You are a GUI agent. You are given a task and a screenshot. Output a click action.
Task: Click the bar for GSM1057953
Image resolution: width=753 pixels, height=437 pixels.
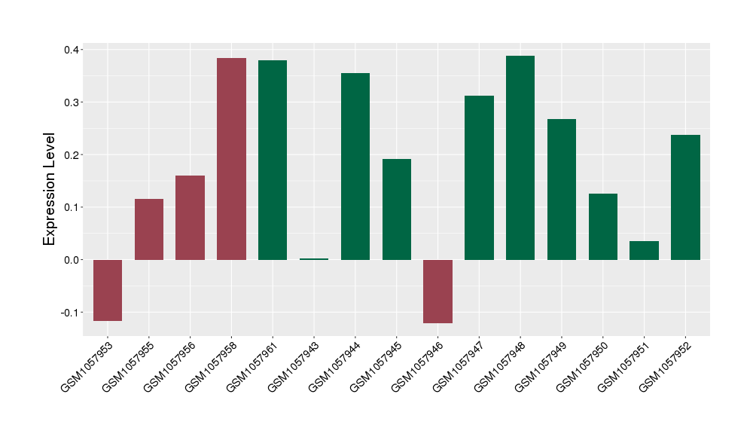point(108,290)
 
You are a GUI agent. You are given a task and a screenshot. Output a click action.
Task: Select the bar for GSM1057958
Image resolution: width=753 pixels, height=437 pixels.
point(231,159)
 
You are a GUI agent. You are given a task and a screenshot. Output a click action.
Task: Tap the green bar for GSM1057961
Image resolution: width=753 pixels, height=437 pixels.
point(273,160)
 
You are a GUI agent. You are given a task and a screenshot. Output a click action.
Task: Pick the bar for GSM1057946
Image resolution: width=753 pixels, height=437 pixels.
point(437,291)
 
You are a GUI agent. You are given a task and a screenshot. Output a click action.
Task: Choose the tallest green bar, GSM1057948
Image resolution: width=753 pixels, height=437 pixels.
point(520,157)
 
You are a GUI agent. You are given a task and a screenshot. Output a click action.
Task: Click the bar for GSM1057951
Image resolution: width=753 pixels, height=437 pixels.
point(644,250)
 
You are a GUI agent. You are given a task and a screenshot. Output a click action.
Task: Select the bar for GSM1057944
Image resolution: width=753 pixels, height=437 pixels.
point(355,167)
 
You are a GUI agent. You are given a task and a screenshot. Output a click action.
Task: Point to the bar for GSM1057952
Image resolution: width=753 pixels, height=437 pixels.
point(685,197)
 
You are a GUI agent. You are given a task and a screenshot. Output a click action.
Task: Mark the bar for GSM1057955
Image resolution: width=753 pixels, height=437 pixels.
point(149,229)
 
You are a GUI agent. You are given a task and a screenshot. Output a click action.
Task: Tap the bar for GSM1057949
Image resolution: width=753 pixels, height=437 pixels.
point(562,189)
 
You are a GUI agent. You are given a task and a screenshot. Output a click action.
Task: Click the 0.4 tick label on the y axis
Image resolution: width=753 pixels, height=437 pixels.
point(72,50)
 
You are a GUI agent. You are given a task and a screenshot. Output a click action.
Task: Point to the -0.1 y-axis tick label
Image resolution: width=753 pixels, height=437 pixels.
point(70,313)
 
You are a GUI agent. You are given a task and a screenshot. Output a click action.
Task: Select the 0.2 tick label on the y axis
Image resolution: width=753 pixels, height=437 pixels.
point(72,155)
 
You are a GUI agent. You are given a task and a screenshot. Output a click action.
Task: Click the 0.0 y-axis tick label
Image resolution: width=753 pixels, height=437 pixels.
point(72,260)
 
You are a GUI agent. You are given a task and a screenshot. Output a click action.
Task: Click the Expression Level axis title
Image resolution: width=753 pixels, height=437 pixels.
point(50,189)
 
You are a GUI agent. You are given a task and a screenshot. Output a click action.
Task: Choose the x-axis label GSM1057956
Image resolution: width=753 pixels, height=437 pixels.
point(169,366)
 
